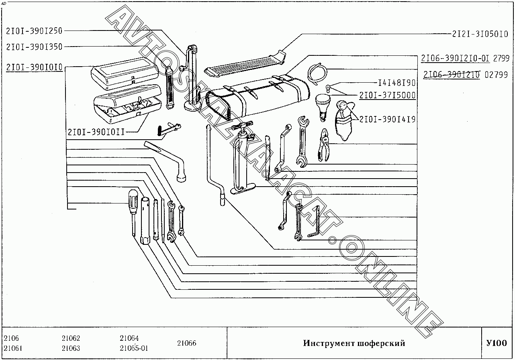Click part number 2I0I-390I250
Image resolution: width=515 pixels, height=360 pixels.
[35, 31]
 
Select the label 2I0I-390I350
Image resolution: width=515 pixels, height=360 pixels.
[35, 47]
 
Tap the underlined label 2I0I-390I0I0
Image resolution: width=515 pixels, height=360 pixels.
[35, 67]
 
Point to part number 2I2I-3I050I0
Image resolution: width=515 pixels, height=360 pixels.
[480, 34]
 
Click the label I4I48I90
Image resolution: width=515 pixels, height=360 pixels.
[396, 83]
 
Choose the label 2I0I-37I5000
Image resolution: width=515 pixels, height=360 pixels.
[387, 96]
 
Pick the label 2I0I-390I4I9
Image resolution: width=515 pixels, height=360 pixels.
[387, 119]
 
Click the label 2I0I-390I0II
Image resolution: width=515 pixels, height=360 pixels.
[96, 132]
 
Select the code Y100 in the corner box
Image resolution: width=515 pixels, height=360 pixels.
[497, 343]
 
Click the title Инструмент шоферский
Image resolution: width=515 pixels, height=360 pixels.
[354, 344]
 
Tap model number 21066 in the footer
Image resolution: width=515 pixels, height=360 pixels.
[186, 343]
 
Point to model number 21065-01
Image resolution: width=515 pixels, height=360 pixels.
[134, 348]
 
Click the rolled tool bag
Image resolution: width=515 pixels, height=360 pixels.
[257, 96]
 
